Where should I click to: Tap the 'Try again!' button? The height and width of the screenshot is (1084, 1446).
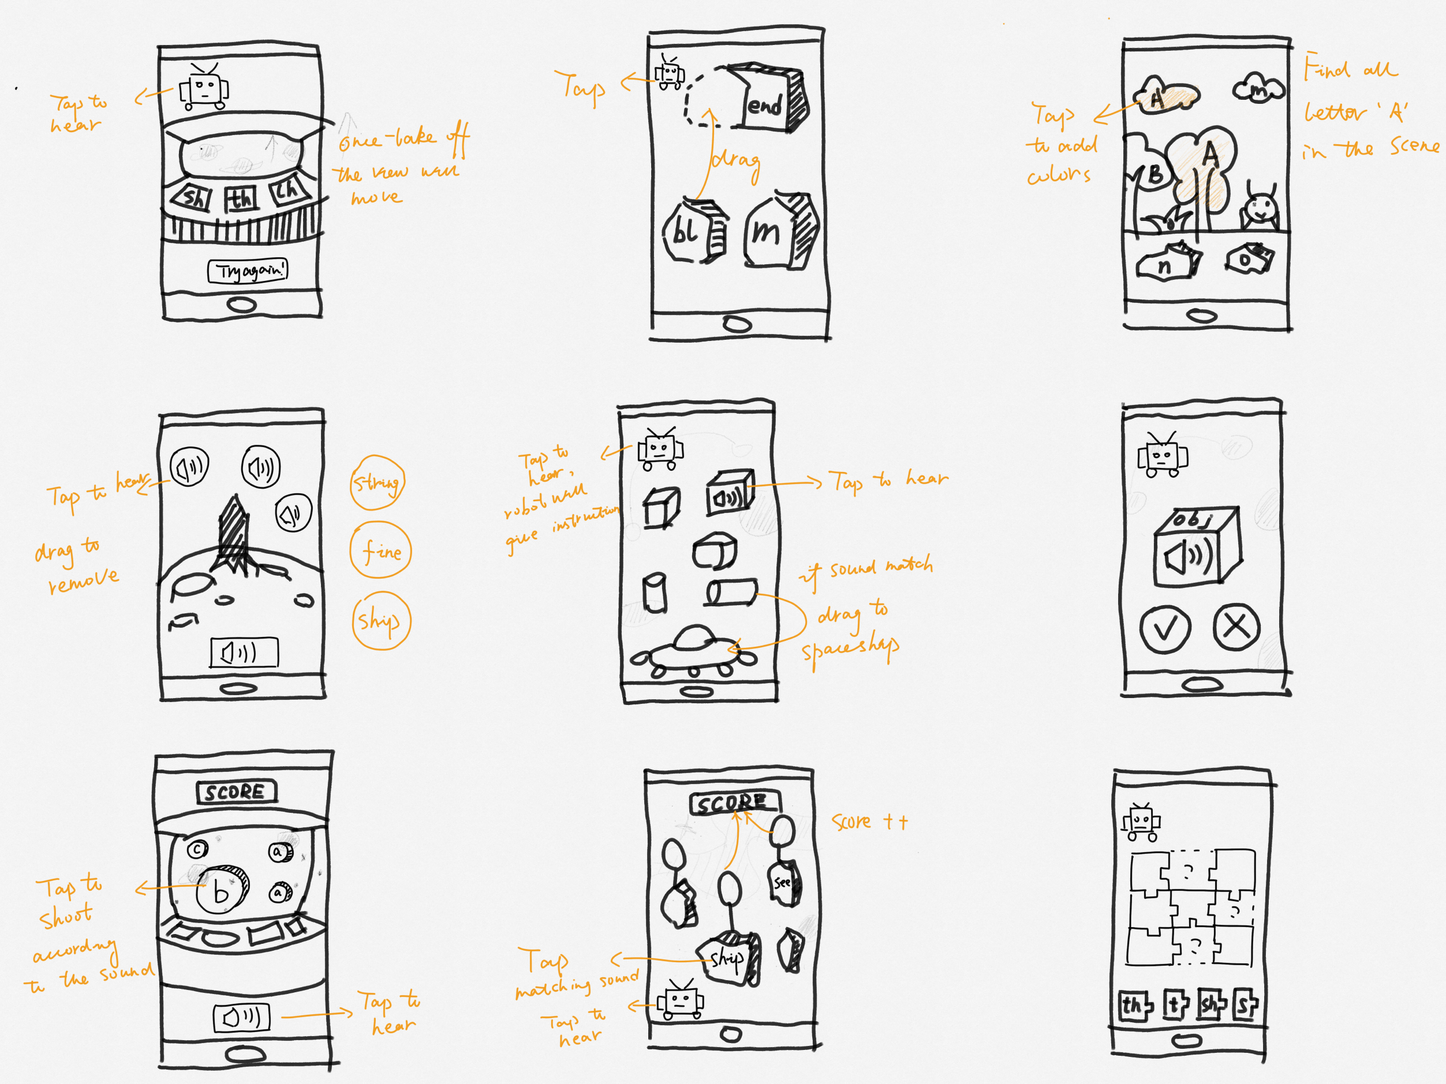(248, 271)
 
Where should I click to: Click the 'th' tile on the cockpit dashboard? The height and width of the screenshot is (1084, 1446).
(241, 198)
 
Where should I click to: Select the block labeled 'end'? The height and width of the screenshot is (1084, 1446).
(771, 102)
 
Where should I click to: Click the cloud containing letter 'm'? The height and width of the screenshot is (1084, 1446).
(1258, 89)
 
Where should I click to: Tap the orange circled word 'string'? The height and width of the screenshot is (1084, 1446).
(377, 483)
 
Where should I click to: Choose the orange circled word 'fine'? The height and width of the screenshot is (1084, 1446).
(381, 551)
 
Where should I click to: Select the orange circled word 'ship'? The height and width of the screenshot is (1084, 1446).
(380, 620)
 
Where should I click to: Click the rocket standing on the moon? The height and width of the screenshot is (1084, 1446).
(233, 536)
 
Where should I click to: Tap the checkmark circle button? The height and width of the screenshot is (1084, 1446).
(1165, 628)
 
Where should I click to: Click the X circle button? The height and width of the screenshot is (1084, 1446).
(1236, 627)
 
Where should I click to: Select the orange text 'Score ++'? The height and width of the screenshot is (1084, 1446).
(869, 822)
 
